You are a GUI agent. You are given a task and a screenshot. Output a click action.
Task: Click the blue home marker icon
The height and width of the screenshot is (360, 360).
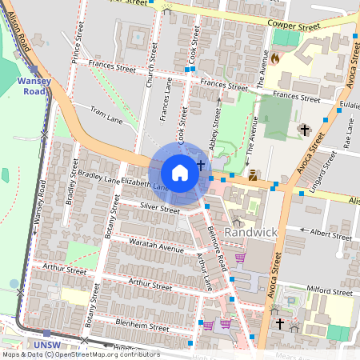click(x=180, y=173)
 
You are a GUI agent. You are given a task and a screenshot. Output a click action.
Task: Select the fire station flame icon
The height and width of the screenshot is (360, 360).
click(x=276, y=58)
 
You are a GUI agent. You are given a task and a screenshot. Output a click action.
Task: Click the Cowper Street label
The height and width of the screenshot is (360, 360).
click(x=294, y=27)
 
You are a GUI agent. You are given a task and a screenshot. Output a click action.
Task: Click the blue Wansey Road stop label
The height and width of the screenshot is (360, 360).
click(x=33, y=86)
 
